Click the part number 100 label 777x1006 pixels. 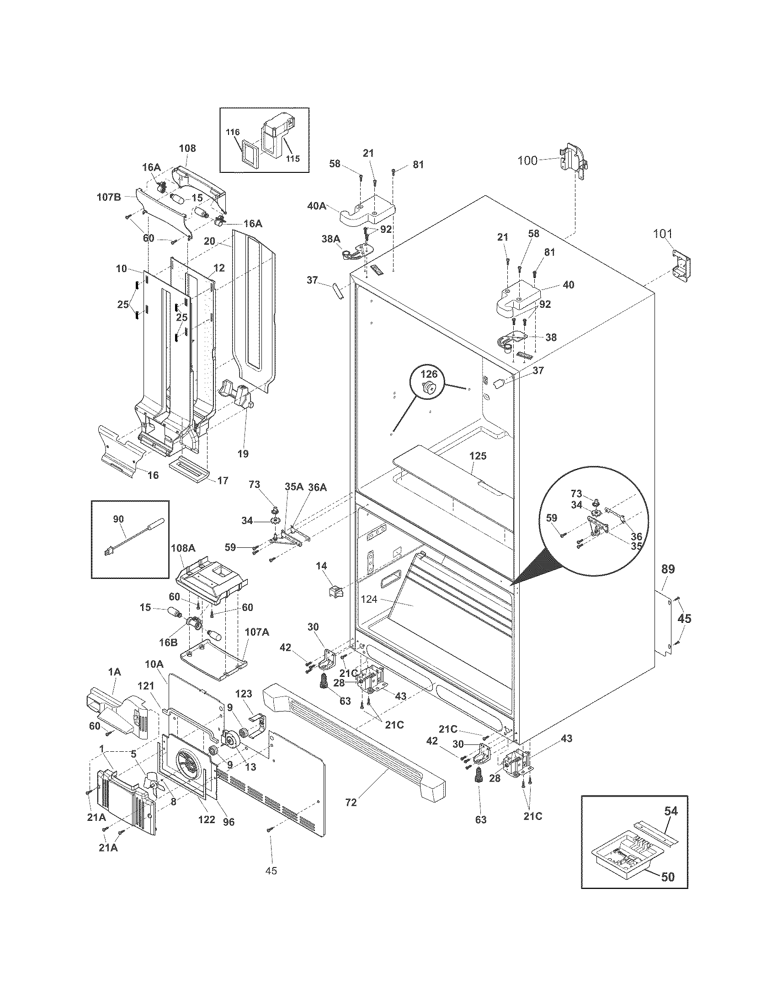point(527,161)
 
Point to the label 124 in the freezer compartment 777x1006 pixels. point(369,599)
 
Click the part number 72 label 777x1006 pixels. point(351,802)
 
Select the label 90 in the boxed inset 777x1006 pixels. point(118,519)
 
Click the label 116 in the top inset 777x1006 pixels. point(233,132)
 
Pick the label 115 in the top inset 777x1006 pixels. point(293,159)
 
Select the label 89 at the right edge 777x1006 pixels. point(668,569)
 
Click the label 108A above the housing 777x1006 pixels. point(183,548)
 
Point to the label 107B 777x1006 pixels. point(109,197)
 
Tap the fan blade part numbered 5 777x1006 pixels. point(152,782)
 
